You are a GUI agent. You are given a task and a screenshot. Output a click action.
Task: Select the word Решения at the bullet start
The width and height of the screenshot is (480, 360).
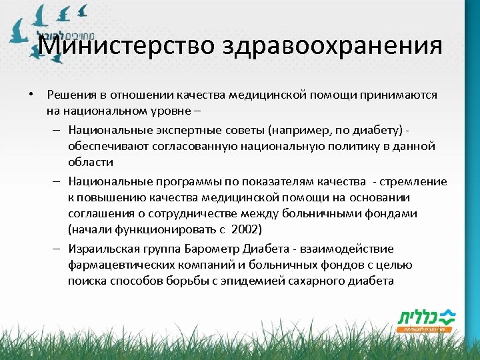pos(69,95)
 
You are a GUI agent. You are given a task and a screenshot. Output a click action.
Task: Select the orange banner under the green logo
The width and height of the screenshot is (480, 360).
pos(424,329)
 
